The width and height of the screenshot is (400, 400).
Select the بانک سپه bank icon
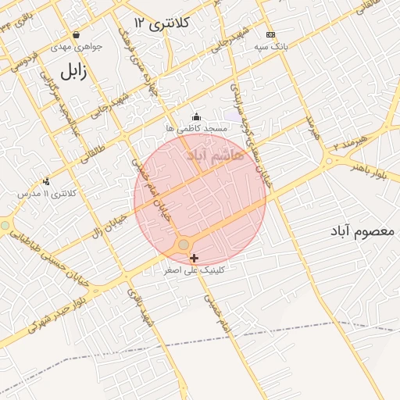pyautogui.click(x=270, y=34)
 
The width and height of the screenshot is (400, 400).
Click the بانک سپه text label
pyautogui.click(x=270, y=47)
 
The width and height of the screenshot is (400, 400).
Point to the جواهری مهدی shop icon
pyautogui.click(x=76, y=34)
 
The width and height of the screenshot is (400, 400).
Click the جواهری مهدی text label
pyautogui.click(x=76, y=47)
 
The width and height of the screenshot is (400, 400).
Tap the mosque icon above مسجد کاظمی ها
pyautogui.click(x=195, y=116)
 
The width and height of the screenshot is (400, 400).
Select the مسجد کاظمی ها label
pyautogui.click(x=196, y=127)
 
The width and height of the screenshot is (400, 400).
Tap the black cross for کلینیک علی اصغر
pyautogui.click(x=194, y=258)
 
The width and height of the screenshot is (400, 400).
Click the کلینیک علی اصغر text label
pyautogui.click(x=194, y=270)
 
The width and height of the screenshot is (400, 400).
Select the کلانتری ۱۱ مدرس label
pyautogui.click(x=49, y=192)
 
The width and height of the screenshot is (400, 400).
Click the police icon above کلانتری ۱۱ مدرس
pyautogui.click(x=46, y=181)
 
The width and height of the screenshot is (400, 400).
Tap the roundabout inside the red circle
pyautogui.click(x=184, y=245)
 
